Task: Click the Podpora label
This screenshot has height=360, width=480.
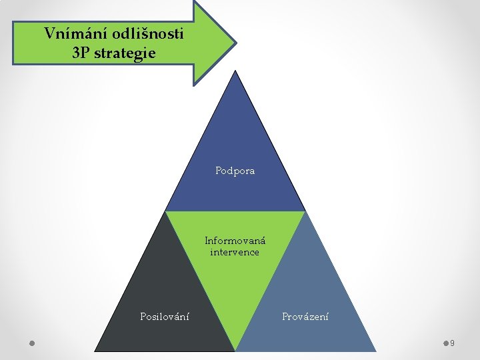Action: click(x=235, y=171)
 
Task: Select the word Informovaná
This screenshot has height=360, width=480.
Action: click(x=235, y=241)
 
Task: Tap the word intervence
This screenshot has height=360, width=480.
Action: click(x=235, y=252)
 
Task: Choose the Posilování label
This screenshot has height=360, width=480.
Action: click(x=165, y=316)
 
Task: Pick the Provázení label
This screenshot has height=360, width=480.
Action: click(x=305, y=316)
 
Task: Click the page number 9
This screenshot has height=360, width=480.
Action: click(x=453, y=343)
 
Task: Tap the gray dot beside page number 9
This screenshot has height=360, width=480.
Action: click(x=446, y=343)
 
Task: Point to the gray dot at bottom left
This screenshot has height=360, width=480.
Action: click(x=33, y=343)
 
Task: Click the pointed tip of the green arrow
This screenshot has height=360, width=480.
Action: click(x=235, y=43)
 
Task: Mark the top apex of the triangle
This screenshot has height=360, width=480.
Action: click(x=235, y=71)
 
